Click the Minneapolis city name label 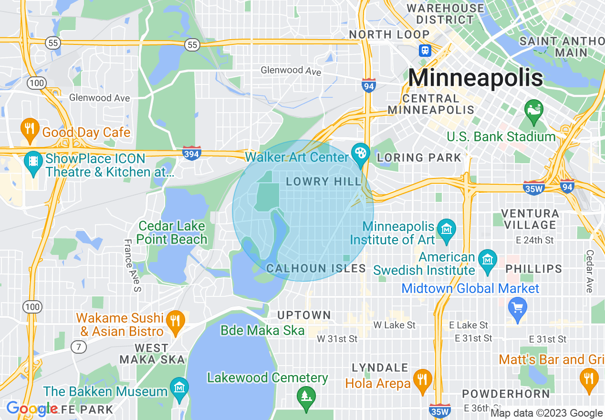click(x=475, y=78)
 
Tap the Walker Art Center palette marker click(x=361, y=153)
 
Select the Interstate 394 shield click(x=191, y=153)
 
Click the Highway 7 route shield click(x=79, y=347)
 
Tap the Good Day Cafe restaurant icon click(x=30, y=128)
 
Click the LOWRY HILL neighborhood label click(x=324, y=181)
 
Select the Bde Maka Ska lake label click(x=262, y=330)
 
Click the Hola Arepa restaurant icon click(x=422, y=379)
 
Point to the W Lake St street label click(x=394, y=325)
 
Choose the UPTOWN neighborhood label click(x=304, y=315)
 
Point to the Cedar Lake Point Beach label click(x=172, y=232)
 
